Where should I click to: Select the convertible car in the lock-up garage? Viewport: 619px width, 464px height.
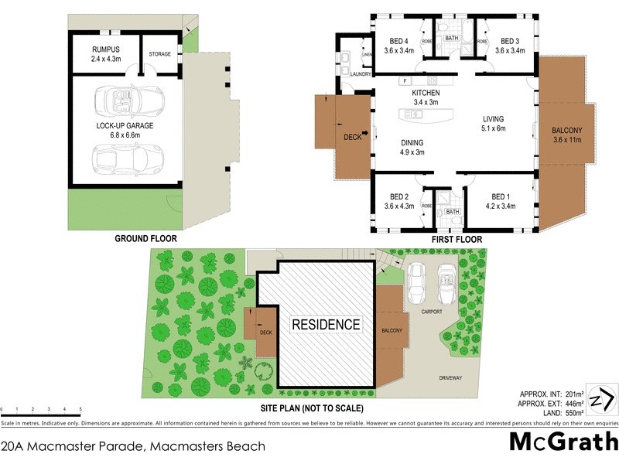pyautogui.click(x=128, y=100)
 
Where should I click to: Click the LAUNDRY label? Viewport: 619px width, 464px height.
pyautogui.click(x=361, y=74)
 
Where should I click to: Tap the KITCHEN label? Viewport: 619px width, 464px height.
pyautogui.click(x=425, y=93)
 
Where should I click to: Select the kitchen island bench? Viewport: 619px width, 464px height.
pyautogui.click(x=425, y=116)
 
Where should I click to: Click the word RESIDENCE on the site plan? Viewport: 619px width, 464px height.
pyautogui.click(x=325, y=325)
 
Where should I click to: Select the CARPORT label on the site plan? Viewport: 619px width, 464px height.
pyautogui.click(x=431, y=312)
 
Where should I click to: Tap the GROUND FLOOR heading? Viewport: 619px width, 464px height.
pyautogui.click(x=145, y=239)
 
